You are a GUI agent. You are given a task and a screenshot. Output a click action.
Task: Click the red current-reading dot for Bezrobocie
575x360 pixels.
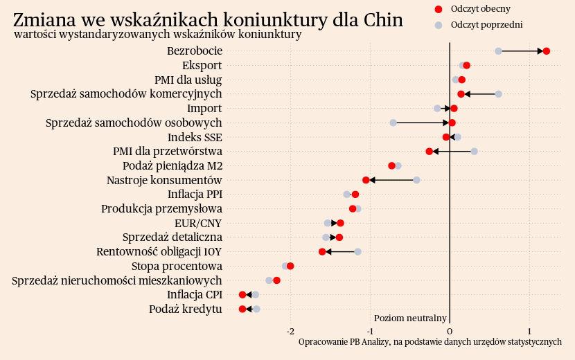point(547,51)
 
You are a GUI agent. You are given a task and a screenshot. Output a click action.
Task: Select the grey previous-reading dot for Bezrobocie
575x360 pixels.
point(498,51)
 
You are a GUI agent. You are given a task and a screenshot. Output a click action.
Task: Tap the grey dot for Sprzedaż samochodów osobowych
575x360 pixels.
point(393,123)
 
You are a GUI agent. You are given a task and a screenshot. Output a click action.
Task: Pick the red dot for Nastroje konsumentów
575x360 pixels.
point(366,180)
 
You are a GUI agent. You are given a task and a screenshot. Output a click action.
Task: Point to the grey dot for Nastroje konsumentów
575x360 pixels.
point(416,180)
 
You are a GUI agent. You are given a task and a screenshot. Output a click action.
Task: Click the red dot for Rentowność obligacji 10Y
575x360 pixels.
point(322,251)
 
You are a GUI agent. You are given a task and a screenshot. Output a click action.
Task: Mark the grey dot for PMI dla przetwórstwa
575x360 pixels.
point(474,151)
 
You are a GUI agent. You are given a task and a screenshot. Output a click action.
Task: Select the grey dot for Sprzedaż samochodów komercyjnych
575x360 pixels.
point(498,94)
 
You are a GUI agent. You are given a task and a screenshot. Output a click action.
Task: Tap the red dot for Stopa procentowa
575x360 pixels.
point(290,266)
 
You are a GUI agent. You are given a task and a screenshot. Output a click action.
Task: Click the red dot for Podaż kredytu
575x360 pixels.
point(242,309)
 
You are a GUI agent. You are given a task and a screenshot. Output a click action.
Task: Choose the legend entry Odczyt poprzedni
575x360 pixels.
point(486,25)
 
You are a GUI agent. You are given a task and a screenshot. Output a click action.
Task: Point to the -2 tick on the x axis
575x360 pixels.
point(290,330)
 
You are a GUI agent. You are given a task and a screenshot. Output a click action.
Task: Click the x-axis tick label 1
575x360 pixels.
point(529,330)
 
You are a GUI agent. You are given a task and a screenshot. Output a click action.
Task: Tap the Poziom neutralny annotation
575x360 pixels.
point(410,318)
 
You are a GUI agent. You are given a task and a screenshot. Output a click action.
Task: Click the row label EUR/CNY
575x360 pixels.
point(198,223)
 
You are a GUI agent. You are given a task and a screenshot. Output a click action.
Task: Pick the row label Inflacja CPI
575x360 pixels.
point(194,294)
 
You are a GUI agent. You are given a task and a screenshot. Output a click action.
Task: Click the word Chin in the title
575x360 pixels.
point(382,19)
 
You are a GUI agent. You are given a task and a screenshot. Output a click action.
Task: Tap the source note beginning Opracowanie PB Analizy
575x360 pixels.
point(430,342)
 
